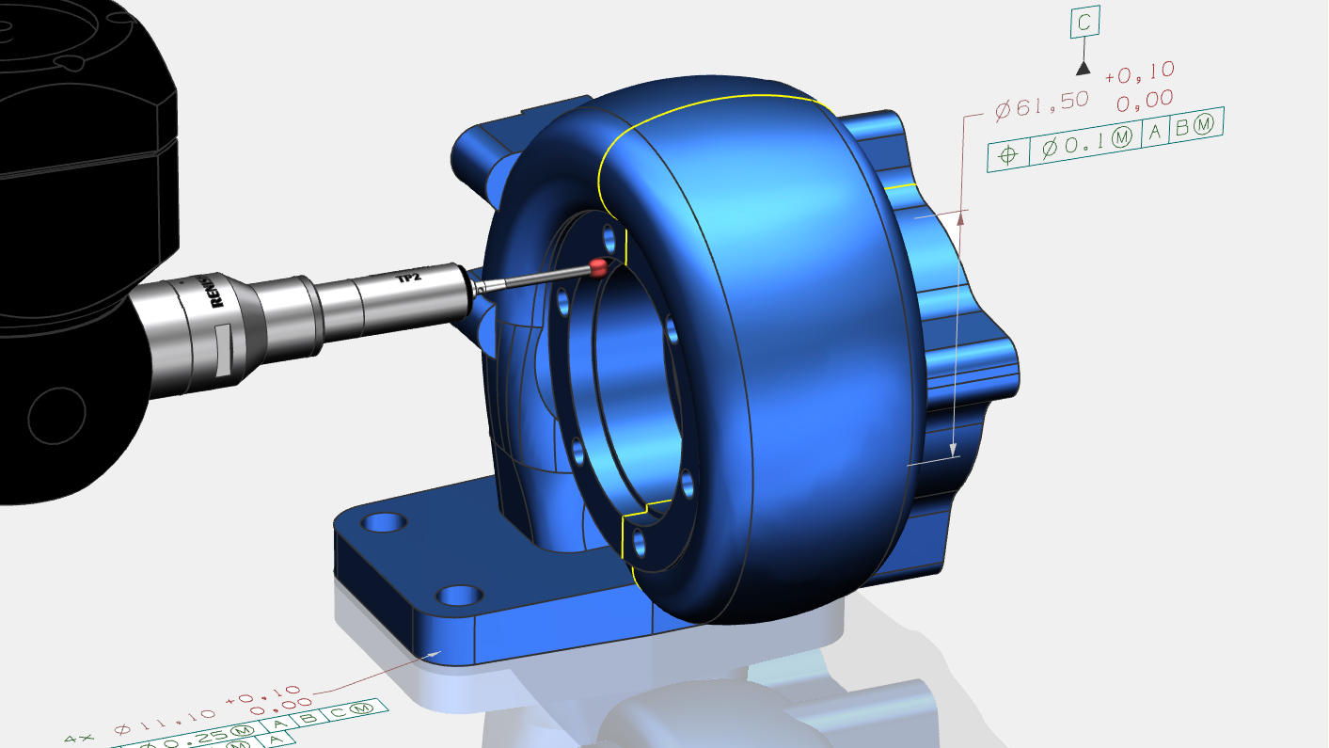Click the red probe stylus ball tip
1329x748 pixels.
597,266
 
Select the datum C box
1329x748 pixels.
1084,24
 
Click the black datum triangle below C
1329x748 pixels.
1084,68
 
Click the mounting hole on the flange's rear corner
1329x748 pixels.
384,521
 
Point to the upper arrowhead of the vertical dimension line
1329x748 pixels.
961,220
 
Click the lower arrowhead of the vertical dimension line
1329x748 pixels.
954,449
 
